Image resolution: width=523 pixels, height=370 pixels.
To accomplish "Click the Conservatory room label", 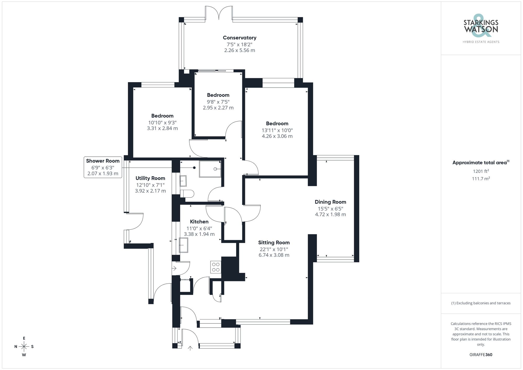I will (240, 38).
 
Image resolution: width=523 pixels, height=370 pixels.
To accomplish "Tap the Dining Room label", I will (330, 202).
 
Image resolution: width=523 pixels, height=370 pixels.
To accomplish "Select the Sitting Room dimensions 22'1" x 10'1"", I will (274, 249).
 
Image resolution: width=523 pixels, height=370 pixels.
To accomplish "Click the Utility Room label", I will (150, 178).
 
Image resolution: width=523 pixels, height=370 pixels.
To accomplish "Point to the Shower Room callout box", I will (103, 167).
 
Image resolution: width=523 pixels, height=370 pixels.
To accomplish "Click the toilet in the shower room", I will (187, 194).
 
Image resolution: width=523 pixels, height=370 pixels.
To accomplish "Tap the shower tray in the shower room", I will (210, 169).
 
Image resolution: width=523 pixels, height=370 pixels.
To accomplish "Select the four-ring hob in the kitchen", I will (216, 267).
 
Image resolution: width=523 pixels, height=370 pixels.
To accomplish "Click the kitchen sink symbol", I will (184, 245).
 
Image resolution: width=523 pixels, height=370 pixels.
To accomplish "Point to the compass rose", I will (24, 347).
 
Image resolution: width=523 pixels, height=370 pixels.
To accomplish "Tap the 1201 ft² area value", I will (481, 172).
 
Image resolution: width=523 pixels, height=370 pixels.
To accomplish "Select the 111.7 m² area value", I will (481, 179).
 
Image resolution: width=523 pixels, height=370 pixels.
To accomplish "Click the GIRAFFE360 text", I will (481, 355).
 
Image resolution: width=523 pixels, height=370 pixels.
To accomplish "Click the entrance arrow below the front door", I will (190, 348).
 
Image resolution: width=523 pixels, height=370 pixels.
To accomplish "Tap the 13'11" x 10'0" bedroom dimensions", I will (277, 130).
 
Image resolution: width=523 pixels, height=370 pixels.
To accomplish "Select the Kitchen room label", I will (199, 222).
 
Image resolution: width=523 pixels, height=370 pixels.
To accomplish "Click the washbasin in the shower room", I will (183, 181).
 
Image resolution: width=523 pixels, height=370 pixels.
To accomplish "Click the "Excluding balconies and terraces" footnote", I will (481, 303).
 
